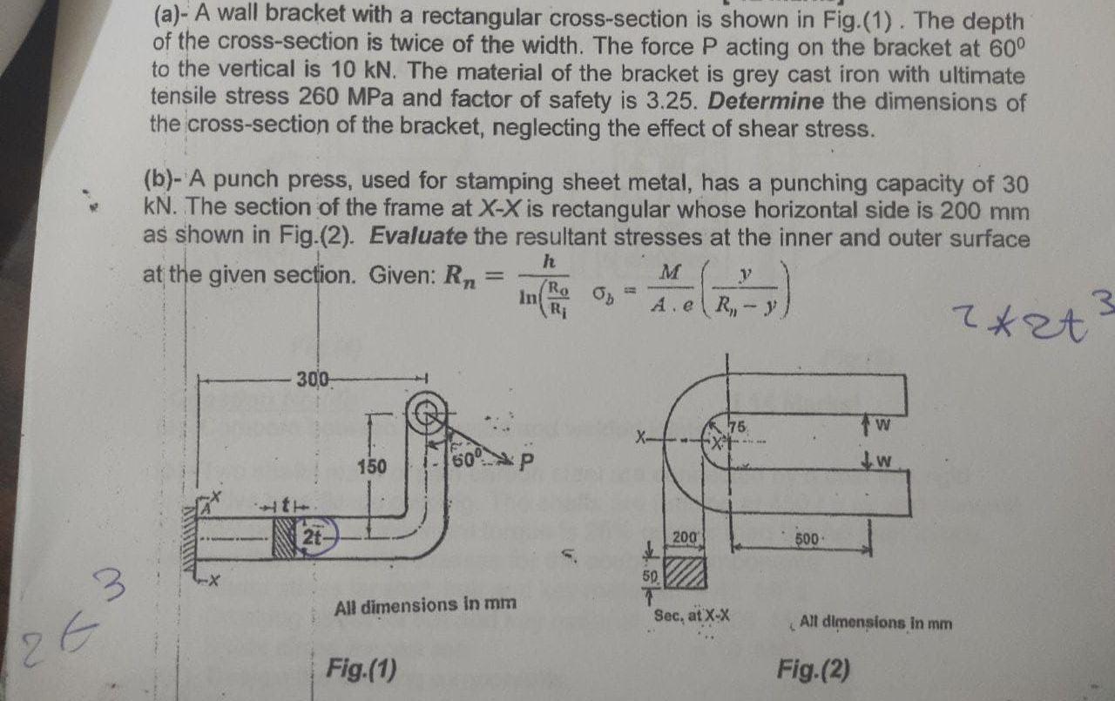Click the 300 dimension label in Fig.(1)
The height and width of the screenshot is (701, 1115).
pyautogui.click(x=310, y=380)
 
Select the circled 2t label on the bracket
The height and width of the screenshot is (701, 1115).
pyautogui.click(x=311, y=535)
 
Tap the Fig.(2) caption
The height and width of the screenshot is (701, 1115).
pyautogui.click(x=814, y=669)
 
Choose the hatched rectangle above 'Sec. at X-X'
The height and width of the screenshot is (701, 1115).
pyautogui.click(x=685, y=575)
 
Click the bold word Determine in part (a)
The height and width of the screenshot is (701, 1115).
pyautogui.click(x=766, y=101)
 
